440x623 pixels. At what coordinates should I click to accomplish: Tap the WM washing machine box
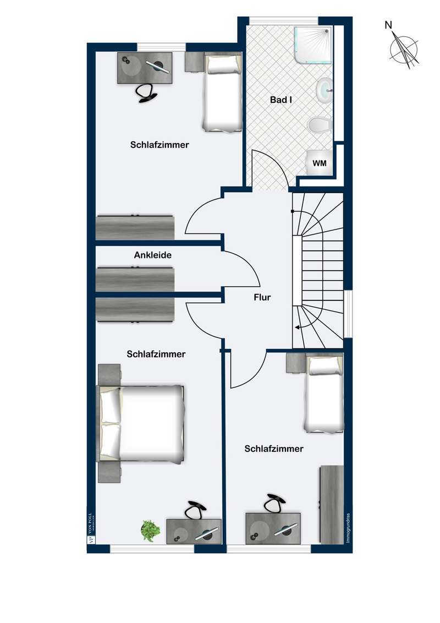tap(319, 163)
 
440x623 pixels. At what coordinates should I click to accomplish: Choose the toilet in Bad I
tap(319, 125)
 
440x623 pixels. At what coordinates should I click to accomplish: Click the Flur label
tap(262, 297)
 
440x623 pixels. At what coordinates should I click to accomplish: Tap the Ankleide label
tap(153, 255)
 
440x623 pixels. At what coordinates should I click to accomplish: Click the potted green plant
tap(150, 529)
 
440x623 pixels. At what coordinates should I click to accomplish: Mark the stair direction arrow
tap(300, 327)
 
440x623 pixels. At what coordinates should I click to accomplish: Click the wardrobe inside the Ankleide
tap(135, 279)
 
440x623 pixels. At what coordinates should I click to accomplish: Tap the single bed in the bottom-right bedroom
tap(324, 393)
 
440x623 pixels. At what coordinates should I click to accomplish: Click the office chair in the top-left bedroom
tap(146, 92)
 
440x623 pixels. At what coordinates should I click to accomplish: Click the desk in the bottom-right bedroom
tap(273, 528)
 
